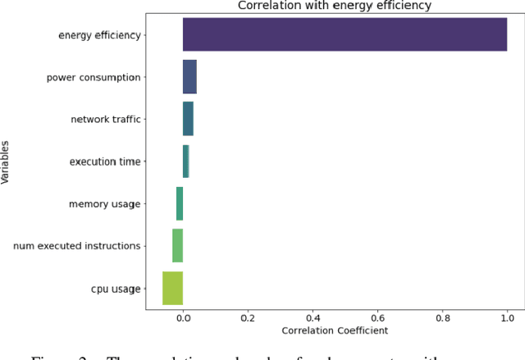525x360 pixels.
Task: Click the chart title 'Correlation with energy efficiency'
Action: tap(334, 7)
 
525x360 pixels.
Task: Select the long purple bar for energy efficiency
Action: tap(345, 34)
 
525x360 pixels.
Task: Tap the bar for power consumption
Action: tap(189, 77)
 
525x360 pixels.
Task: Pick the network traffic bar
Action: tap(188, 119)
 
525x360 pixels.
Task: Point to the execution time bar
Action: tap(185, 162)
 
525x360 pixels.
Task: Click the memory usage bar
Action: tap(180, 203)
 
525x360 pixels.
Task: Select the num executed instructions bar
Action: tap(177, 245)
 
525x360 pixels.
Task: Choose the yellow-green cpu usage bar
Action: tap(172, 288)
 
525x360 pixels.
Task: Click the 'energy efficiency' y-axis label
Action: tap(99, 34)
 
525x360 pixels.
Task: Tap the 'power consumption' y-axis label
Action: tap(94, 77)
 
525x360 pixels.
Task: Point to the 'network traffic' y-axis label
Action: tap(106, 119)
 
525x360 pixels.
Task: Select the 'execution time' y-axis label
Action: tap(105, 162)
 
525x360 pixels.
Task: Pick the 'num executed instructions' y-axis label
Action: tap(77, 245)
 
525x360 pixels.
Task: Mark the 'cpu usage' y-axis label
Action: tap(116, 288)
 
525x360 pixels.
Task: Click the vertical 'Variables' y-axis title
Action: tap(7, 162)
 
